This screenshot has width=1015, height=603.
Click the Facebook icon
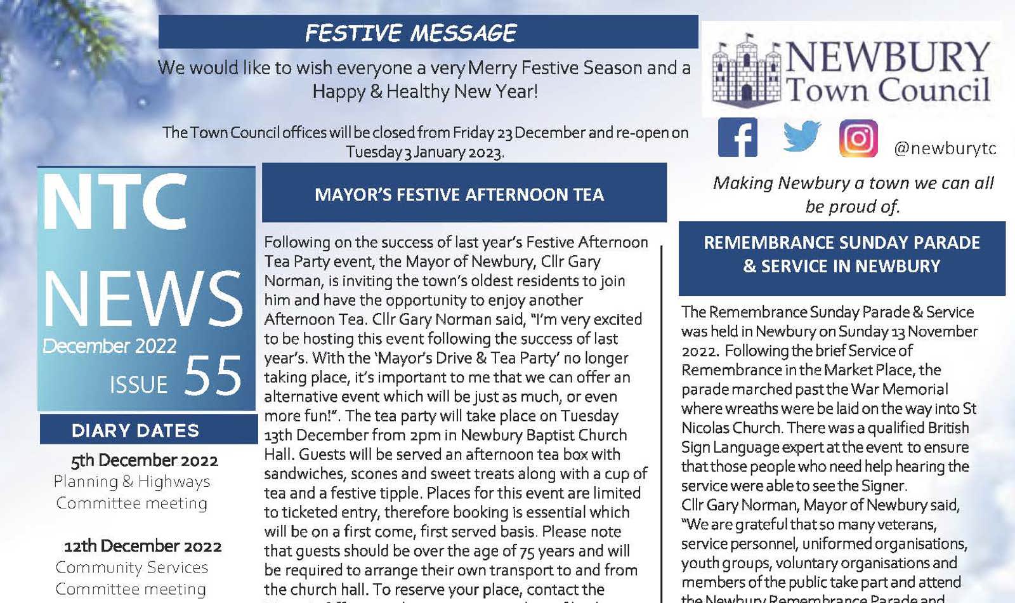[x=737, y=137]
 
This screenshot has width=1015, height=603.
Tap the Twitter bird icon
[x=802, y=136]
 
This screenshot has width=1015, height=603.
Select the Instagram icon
[x=858, y=138]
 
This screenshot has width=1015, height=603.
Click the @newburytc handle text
[x=945, y=149]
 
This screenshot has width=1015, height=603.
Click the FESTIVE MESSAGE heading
[x=411, y=33]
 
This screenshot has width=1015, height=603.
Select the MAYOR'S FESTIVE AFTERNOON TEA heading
[x=459, y=194]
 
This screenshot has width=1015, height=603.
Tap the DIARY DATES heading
[x=135, y=430]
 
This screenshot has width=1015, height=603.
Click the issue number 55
[x=213, y=376]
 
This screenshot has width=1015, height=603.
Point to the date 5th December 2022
[x=144, y=460]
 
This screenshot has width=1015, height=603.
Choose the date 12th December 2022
[x=143, y=546]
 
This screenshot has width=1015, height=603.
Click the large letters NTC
[x=115, y=202]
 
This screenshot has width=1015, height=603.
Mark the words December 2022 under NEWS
[x=110, y=346]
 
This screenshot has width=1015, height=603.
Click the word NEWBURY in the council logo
[x=887, y=57]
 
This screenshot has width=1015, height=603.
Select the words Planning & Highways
[x=132, y=482]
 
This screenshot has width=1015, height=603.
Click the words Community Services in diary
[x=132, y=567]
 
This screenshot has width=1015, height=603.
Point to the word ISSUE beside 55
[x=138, y=385]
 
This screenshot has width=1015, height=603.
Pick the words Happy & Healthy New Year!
[x=424, y=91]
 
